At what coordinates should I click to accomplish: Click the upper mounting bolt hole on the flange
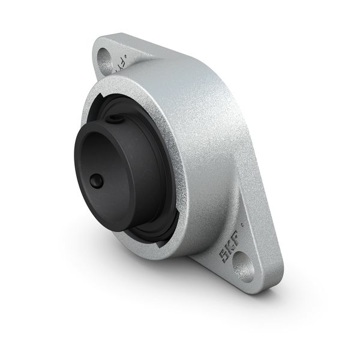104,60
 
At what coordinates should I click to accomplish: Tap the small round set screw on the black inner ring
96,180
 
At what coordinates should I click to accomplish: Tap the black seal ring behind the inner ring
162,204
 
